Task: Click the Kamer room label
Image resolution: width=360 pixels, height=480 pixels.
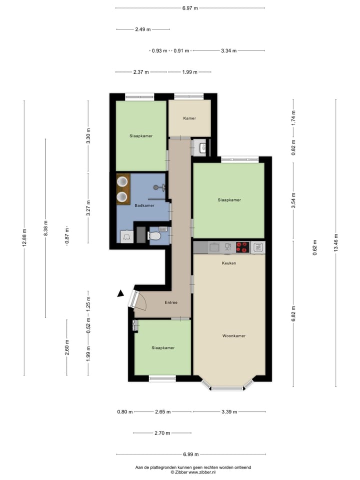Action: point(189,118)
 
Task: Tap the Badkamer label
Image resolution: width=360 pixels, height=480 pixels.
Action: point(144,205)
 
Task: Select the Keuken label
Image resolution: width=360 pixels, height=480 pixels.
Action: point(229,262)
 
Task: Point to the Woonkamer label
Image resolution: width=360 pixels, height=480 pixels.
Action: point(234,336)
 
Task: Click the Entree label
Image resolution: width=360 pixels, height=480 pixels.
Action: point(171,302)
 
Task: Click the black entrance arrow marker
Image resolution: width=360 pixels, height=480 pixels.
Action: point(120,294)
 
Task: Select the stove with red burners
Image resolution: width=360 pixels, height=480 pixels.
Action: point(242,246)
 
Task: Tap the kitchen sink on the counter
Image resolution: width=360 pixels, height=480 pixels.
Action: point(214,246)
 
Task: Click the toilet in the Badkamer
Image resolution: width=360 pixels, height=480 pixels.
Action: point(155,234)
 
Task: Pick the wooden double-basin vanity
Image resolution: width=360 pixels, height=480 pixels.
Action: point(123,189)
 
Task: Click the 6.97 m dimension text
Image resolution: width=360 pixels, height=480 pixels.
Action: point(190,8)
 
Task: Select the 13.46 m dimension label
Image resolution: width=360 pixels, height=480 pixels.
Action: point(336,243)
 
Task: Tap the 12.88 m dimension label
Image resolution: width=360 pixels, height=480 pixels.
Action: point(24,238)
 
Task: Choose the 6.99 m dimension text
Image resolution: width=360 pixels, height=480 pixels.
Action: point(190,454)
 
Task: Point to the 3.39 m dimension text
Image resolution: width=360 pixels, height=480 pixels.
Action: point(229,412)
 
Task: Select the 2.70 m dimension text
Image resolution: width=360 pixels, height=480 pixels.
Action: point(162,433)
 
